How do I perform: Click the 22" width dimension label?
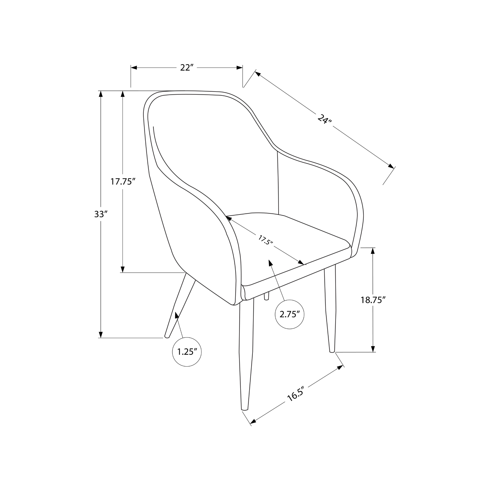pyautogui.click(x=187, y=67)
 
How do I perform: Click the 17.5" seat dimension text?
pyautogui.click(x=266, y=240)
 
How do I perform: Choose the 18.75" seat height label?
pyautogui.click(x=373, y=300)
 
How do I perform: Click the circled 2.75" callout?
pyautogui.click(x=290, y=315)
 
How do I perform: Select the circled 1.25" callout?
pyautogui.click(x=187, y=352)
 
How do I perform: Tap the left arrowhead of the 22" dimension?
pyautogui.click(x=134, y=68)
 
